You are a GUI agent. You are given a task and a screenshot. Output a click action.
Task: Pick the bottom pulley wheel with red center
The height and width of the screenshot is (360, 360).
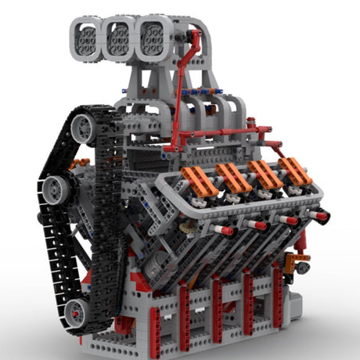[x=76, y=311]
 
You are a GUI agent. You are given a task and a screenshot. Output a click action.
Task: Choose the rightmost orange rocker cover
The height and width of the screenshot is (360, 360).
[x=296, y=171]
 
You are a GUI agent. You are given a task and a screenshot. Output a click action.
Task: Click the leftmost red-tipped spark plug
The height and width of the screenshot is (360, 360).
[x=223, y=231]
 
